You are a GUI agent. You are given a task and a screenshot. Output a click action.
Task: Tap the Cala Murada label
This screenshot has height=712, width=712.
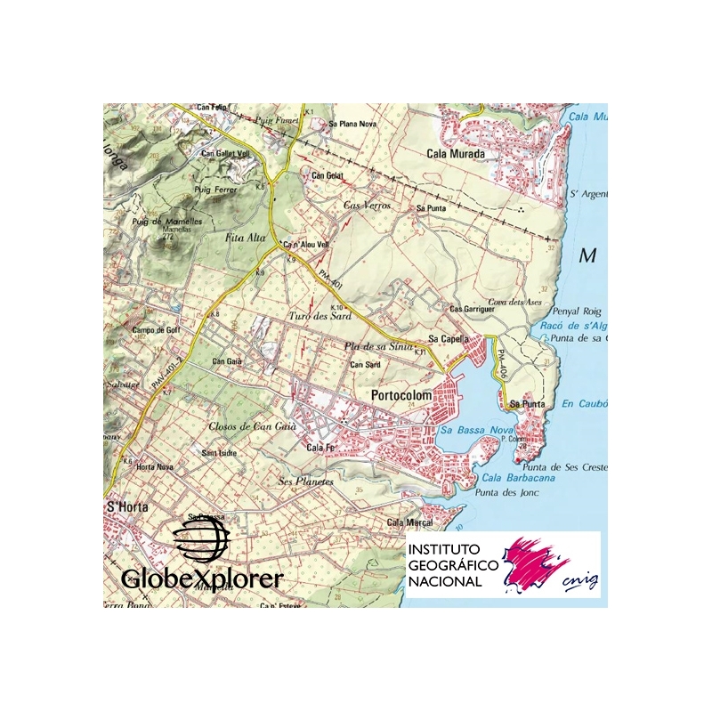coord(456,153)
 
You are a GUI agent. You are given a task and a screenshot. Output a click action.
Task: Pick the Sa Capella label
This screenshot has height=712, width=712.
coord(449,339)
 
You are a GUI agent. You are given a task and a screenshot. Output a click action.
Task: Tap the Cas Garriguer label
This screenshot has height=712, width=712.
coord(472,309)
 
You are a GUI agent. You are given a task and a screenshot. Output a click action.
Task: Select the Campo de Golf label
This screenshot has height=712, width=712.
coord(157,329)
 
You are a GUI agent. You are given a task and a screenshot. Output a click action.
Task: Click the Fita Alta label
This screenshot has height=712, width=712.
coord(246,238)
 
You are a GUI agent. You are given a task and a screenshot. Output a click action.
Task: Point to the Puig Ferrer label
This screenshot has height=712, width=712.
coord(214,190)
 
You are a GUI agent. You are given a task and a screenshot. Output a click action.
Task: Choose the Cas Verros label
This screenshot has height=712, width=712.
coord(368,206)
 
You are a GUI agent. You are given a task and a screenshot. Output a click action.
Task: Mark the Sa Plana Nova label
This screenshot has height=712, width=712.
coord(354,124)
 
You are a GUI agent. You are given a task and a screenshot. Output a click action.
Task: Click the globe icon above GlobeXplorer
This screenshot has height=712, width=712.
coord(202,540)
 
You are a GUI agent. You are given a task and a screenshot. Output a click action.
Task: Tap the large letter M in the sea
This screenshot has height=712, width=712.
coord(587,256)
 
